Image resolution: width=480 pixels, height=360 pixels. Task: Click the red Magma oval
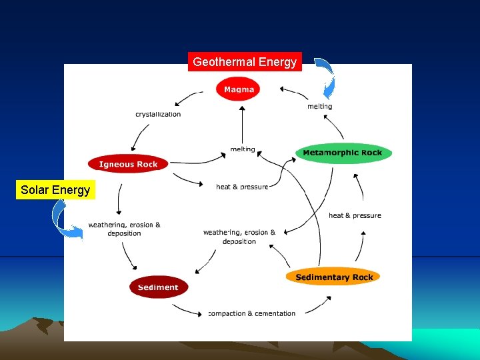[239, 89]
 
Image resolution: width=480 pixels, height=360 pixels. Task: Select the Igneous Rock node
[128, 164]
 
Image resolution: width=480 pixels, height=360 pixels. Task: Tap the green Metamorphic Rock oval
[343, 153]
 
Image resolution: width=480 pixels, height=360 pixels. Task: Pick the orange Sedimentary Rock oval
[334, 277]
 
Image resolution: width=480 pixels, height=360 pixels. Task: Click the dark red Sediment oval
[158, 287]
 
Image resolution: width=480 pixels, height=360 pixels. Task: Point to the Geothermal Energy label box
[245, 62]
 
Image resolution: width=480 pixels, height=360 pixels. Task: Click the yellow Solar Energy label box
[55, 190]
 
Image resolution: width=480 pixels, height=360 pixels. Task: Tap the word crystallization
[158, 114]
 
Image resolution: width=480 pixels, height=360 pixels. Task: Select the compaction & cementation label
[252, 313]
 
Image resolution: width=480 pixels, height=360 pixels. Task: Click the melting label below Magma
[243, 149]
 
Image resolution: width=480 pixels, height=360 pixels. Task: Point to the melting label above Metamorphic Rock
[319, 107]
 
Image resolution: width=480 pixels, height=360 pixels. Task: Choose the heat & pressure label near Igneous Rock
[242, 187]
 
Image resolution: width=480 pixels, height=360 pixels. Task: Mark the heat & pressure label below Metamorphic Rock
[355, 215]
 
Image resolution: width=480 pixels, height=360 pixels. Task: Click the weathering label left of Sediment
[125, 229]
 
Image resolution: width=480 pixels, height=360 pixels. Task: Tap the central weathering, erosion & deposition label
[239, 237]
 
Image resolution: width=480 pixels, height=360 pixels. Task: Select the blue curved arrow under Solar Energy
[65, 220]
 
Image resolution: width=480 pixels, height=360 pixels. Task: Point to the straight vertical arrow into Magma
[242, 123]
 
